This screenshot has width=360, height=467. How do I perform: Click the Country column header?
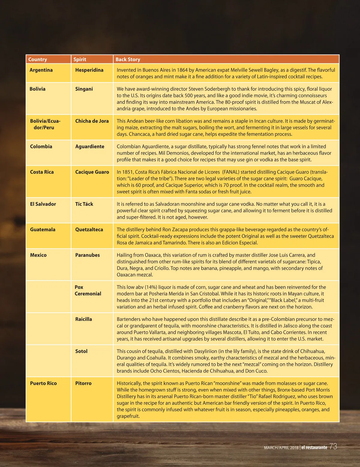(37, 59)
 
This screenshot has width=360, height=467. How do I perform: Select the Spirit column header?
(80, 59)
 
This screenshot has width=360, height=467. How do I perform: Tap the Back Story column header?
(128, 59)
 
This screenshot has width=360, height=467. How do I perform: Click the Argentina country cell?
(41, 70)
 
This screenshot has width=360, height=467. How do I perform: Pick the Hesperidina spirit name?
(89, 70)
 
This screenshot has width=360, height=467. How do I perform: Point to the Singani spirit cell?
(84, 89)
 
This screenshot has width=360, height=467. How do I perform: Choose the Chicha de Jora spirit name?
(92, 121)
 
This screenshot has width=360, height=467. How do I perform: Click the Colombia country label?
(41, 147)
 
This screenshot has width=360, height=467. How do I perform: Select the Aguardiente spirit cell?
(90, 147)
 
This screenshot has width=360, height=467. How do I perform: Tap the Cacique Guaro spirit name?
(92, 172)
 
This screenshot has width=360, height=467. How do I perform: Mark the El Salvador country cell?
(43, 204)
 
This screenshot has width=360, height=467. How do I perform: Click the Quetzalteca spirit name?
(89, 230)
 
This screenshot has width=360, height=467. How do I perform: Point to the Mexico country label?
(38, 255)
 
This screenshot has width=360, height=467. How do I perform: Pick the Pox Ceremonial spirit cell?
(88, 290)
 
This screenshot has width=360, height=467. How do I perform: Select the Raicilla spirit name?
(83, 319)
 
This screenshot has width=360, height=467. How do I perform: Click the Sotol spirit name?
(81, 351)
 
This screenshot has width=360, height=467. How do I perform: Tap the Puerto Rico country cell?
(43, 383)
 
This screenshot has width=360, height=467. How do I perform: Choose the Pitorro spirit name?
(83, 383)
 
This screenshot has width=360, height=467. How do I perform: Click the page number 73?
(333, 447)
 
